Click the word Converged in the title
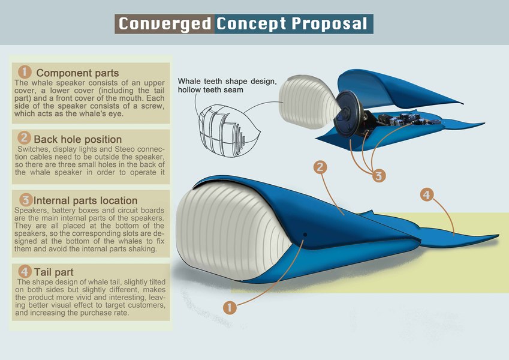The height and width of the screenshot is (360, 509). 164,24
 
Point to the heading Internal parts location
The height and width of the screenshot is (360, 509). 86,200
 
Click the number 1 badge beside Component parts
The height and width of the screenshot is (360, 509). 25,72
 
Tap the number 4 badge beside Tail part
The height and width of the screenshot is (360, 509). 25,271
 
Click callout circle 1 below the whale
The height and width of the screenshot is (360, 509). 228,308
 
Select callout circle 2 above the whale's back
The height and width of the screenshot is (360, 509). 320,167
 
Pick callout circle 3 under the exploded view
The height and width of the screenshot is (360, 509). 378,176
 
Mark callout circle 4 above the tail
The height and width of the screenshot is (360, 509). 426,195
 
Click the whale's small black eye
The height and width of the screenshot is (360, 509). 305,234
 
